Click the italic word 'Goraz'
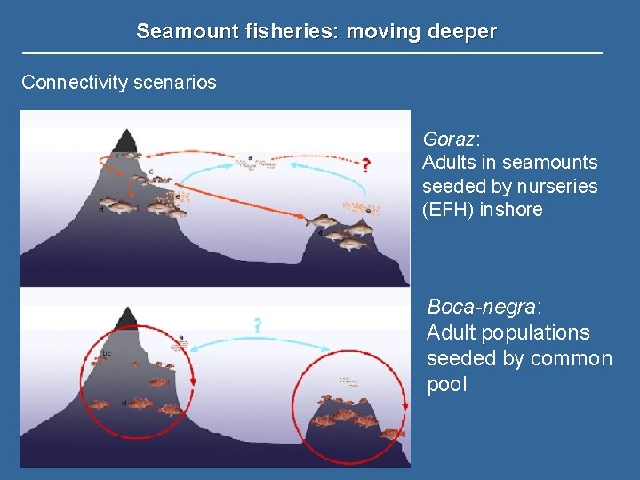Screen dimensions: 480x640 pos(450,140)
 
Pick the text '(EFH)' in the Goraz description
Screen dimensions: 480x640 pos(448,211)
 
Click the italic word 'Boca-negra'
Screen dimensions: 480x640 pos(482,307)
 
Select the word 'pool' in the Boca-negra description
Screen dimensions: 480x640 pos(446,385)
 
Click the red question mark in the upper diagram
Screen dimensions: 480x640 pos(364,164)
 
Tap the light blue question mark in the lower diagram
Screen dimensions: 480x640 pos(257,325)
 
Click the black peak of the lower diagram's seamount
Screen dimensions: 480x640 pos(128,316)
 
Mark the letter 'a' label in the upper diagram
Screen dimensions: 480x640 pos(250,157)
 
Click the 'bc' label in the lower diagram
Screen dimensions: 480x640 pos(106,354)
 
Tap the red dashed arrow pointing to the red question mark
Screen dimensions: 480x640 pos(320,164)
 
